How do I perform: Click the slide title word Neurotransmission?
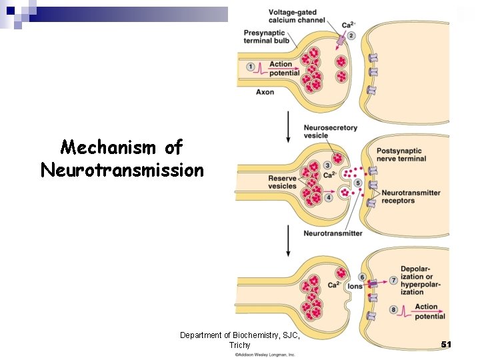pyautogui.click(x=122, y=171)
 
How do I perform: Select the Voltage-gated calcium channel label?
pyautogui.click(x=297, y=16)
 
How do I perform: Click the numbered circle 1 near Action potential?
pyautogui.click(x=251, y=67)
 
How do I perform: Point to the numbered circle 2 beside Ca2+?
pyautogui.click(x=351, y=35)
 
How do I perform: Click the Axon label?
pyautogui.click(x=265, y=92)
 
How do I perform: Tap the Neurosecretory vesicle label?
pyautogui.click(x=330, y=131)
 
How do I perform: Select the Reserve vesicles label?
pyautogui.click(x=282, y=182)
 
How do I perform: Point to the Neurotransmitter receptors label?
pyautogui.click(x=411, y=197)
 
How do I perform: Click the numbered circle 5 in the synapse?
pyautogui.click(x=358, y=183)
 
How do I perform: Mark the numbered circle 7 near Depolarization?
pyautogui.click(x=393, y=281)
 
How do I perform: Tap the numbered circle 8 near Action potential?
pyautogui.click(x=393, y=309)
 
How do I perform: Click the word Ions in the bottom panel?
pyautogui.click(x=355, y=286)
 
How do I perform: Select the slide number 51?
pyautogui.click(x=446, y=344)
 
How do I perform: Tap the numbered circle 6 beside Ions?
pyautogui.click(x=361, y=277)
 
